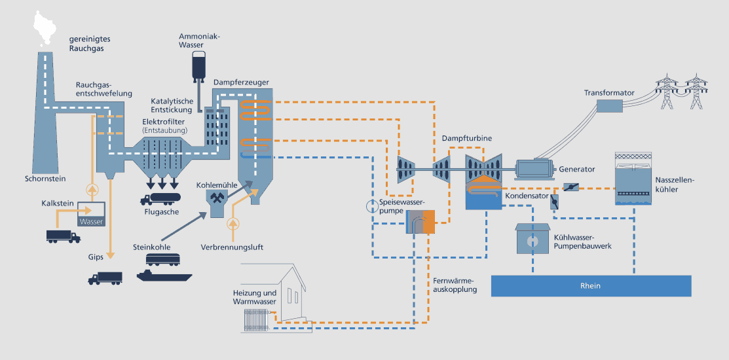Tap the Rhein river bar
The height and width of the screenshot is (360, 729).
pos(590,286)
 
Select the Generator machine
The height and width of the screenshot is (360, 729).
pos(534,170)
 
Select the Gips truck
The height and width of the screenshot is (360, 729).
pos(105,278)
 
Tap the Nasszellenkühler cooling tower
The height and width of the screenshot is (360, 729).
pos(634,178)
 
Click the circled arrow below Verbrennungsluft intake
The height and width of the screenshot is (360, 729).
pos(233,224)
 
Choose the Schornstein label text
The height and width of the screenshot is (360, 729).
pos(45,178)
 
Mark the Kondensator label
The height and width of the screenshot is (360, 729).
pos(527,196)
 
